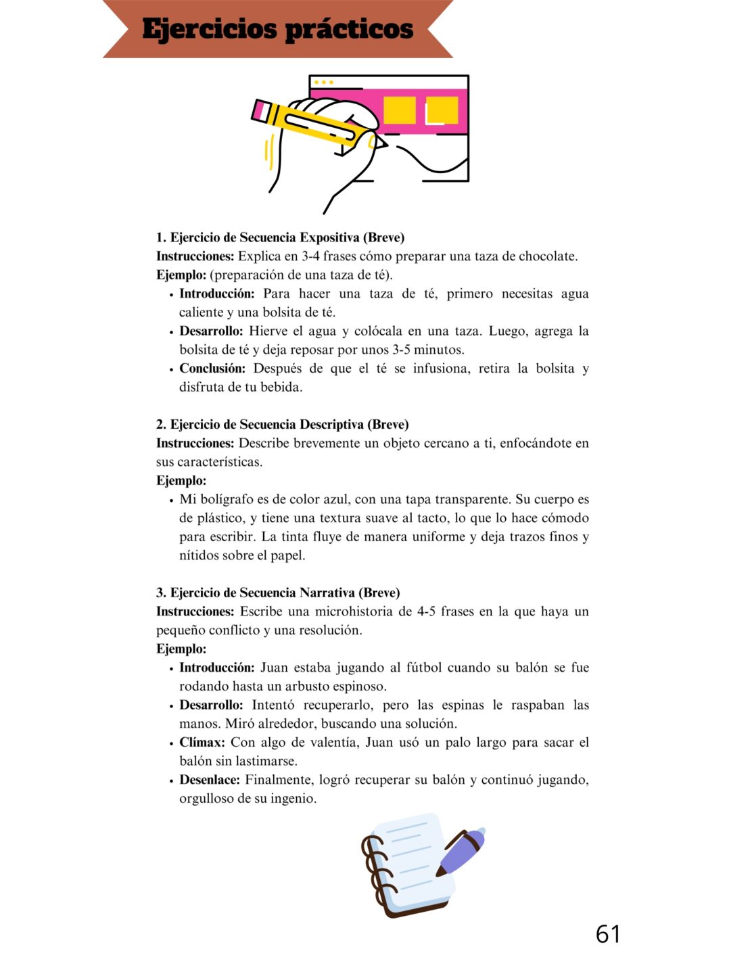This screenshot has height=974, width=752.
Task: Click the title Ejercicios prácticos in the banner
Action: pyautogui.click(x=277, y=29)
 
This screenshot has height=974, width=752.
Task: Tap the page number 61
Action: pyautogui.click(x=607, y=934)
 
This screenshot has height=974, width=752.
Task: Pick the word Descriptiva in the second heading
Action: pyautogui.click(x=331, y=425)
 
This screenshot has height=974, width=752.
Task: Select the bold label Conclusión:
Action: pyautogui.click(x=212, y=369)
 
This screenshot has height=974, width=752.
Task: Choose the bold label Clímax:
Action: pyautogui.click(x=202, y=743)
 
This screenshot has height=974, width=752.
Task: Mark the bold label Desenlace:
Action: pyautogui.click(x=210, y=780)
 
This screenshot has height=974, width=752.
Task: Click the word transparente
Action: pyautogui.click(x=473, y=500)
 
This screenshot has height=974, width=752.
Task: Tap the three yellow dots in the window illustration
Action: pyautogui.click(x=323, y=83)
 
